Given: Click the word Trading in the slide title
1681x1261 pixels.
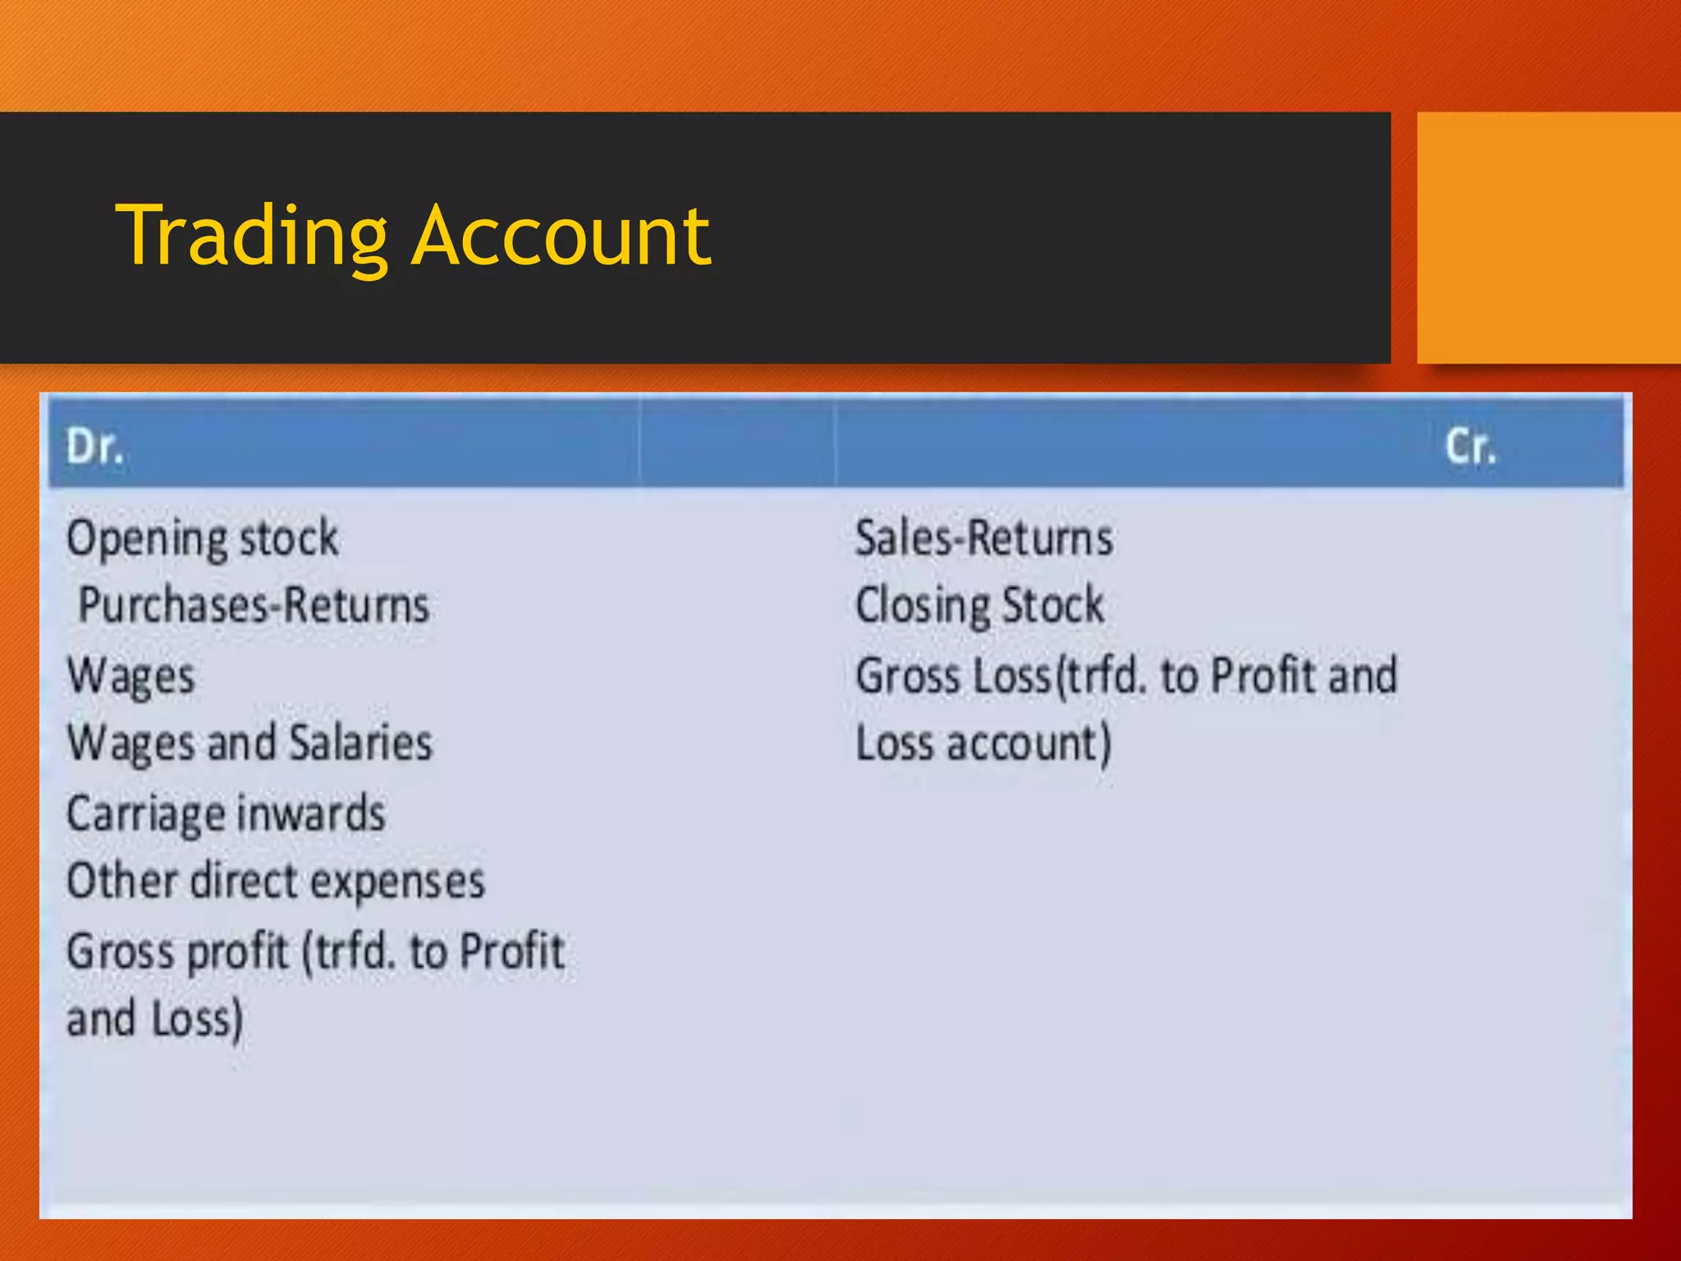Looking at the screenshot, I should coord(251,237).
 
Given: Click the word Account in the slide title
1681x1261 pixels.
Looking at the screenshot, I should coord(561,237).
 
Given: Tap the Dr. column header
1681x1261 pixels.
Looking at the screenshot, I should coord(94,447).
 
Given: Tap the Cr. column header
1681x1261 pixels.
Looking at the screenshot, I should coord(1470,447).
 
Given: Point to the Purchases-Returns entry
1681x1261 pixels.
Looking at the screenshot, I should coord(254,606).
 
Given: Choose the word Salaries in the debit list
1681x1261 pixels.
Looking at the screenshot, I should coord(361,743).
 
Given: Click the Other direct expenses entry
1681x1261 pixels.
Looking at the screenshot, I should coord(276,882).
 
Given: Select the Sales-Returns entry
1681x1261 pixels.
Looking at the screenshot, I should coord(984,539).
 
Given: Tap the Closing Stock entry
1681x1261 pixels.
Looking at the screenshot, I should coord(979,606).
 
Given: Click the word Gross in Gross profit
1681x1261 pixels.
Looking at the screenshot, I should coord(120,952).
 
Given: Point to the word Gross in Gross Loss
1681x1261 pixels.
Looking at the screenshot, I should coord(907,676).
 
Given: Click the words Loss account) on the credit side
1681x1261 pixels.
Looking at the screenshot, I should coord(983,744).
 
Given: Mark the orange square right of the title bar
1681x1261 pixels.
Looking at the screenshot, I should coord(1548,237).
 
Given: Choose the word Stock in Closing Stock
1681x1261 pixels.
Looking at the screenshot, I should coord(1053,606).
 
